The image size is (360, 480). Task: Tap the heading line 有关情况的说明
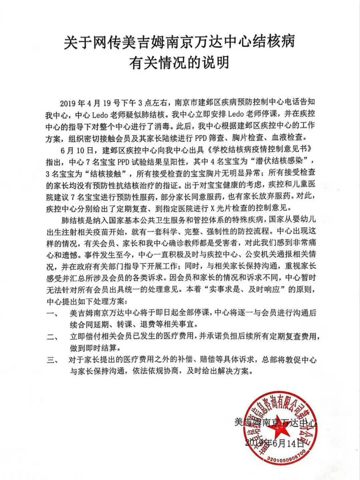(x=179, y=64)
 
